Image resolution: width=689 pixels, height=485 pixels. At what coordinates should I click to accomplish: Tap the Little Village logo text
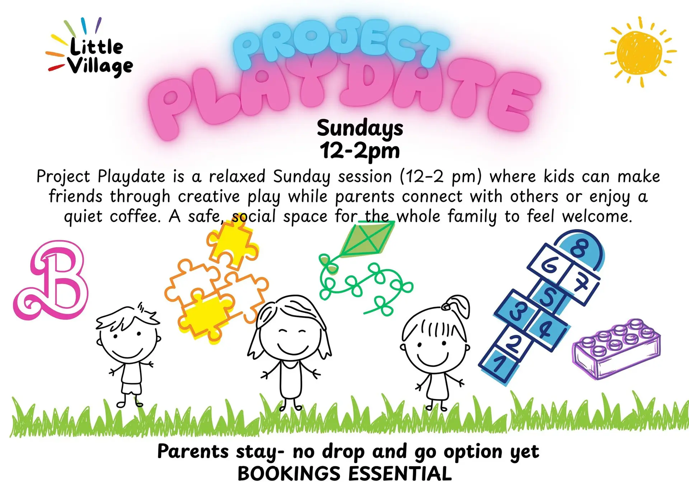96,57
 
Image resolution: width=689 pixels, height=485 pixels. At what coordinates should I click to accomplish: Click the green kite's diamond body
367,238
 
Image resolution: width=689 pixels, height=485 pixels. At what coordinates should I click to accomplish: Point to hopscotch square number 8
579,248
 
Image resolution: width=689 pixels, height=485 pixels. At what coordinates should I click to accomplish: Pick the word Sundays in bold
360,128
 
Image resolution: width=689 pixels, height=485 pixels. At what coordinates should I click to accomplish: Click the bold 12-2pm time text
360,151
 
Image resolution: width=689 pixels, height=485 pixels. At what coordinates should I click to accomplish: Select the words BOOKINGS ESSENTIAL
344,474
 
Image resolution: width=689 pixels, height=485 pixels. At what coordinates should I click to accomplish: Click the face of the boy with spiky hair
128,341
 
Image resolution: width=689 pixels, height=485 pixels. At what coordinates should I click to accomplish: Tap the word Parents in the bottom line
193,451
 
